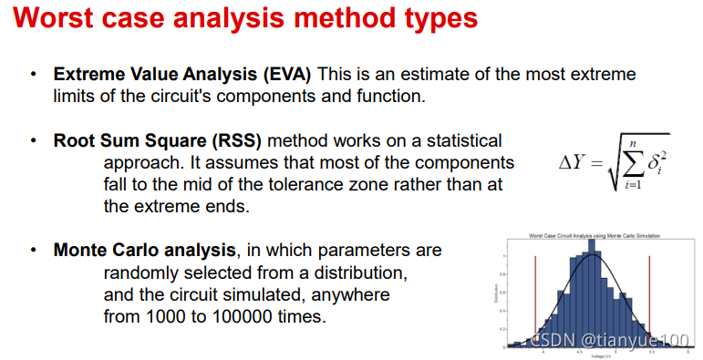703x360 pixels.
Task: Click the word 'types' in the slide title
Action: pyautogui.click(x=427, y=20)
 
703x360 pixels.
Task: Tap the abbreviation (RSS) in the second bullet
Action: pyautogui.click(x=236, y=141)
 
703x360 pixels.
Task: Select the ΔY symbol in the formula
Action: pyautogui.click(x=574, y=165)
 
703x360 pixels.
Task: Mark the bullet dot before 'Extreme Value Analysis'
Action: pyautogui.click(x=34, y=74)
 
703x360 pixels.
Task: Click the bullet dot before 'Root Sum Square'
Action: pyautogui.click(x=34, y=141)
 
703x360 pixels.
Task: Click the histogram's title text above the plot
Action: pyautogui.click(x=594, y=236)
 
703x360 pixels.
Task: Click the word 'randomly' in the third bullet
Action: pyautogui.click(x=141, y=273)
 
